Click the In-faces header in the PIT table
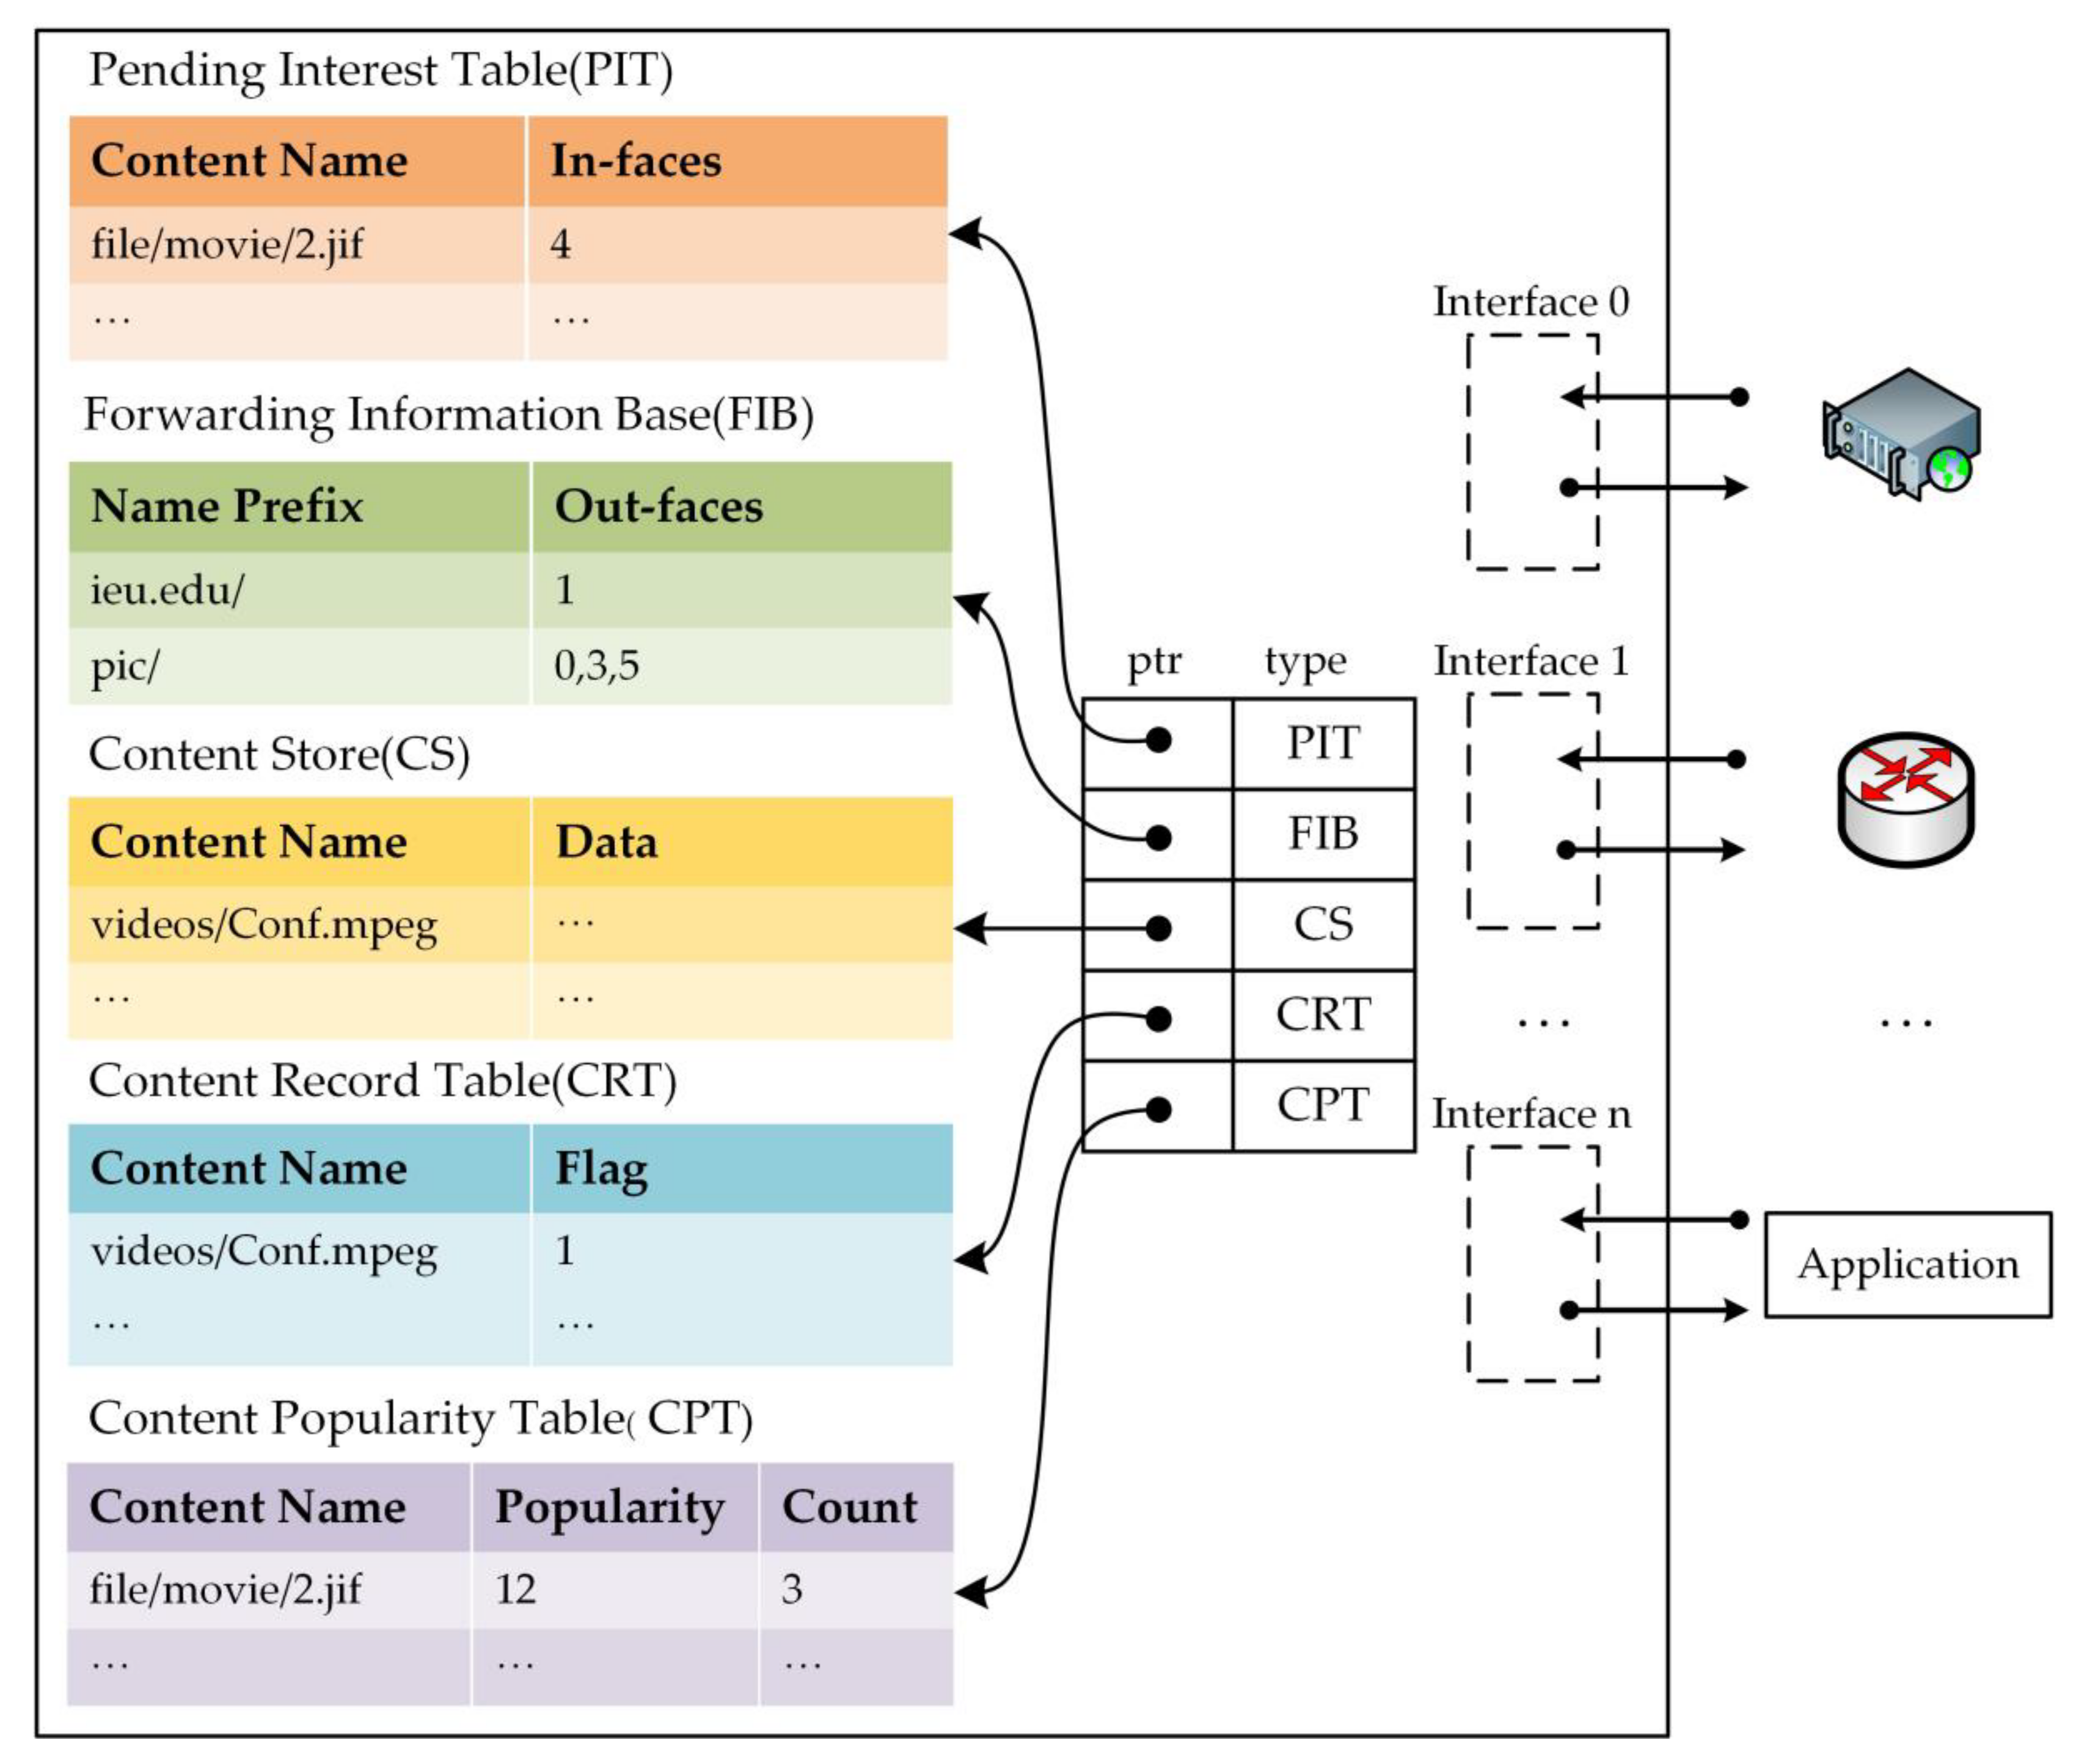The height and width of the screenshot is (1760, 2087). (x=636, y=161)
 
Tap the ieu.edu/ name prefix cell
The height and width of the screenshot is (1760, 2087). (x=167, y=590)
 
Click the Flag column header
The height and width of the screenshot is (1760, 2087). (x=601, y=1168)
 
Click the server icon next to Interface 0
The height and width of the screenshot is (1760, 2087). (x=1901, y=434)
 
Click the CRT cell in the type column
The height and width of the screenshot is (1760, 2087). (x=1323, y=1015)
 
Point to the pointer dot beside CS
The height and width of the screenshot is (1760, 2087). (x=1158, y=928)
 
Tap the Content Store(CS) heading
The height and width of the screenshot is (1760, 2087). (x=279, y=754)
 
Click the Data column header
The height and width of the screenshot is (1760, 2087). (x=606, y=841)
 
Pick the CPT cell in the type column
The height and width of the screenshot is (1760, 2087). (x=1323, y=1105)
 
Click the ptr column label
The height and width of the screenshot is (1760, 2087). (x=1154, y=661)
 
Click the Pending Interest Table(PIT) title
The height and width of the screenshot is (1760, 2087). (x=380, y=70)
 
